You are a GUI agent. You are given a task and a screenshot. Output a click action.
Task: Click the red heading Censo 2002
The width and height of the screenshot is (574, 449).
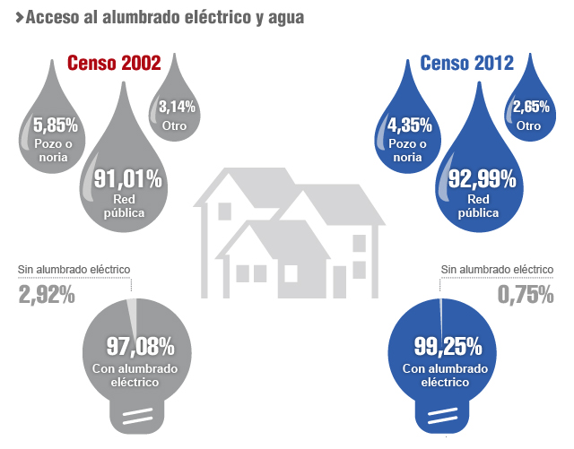click(x=115, y=64)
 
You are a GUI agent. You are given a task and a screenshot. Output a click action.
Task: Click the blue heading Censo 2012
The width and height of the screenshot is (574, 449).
click(x=467, y=64)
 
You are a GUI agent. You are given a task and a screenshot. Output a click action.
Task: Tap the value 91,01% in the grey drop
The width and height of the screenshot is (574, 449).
click(x=122, y=180)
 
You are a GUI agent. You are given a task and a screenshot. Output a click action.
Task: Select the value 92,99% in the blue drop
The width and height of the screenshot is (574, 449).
click(x=476, y=180)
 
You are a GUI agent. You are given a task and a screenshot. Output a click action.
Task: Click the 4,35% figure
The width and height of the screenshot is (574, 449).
click(x=408, y=125)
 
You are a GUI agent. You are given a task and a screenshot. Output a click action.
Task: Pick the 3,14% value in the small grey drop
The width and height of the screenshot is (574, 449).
click(x=177, y=108)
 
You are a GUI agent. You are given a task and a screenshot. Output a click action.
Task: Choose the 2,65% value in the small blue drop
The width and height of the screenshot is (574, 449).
click(x=529, y=108)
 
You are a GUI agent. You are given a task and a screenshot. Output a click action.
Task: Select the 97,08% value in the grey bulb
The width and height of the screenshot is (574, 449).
click(x=134, y=346)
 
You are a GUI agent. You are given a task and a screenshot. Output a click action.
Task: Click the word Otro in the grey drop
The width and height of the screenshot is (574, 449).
click(x=174, y=126)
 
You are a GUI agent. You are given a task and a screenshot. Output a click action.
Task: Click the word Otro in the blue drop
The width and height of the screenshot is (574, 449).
click(x=528, y=126)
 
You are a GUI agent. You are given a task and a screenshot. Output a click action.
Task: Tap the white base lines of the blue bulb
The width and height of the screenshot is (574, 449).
click(x=444, y=415)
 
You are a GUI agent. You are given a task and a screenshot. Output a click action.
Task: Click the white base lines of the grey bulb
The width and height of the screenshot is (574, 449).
click(x=134, y=415)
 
